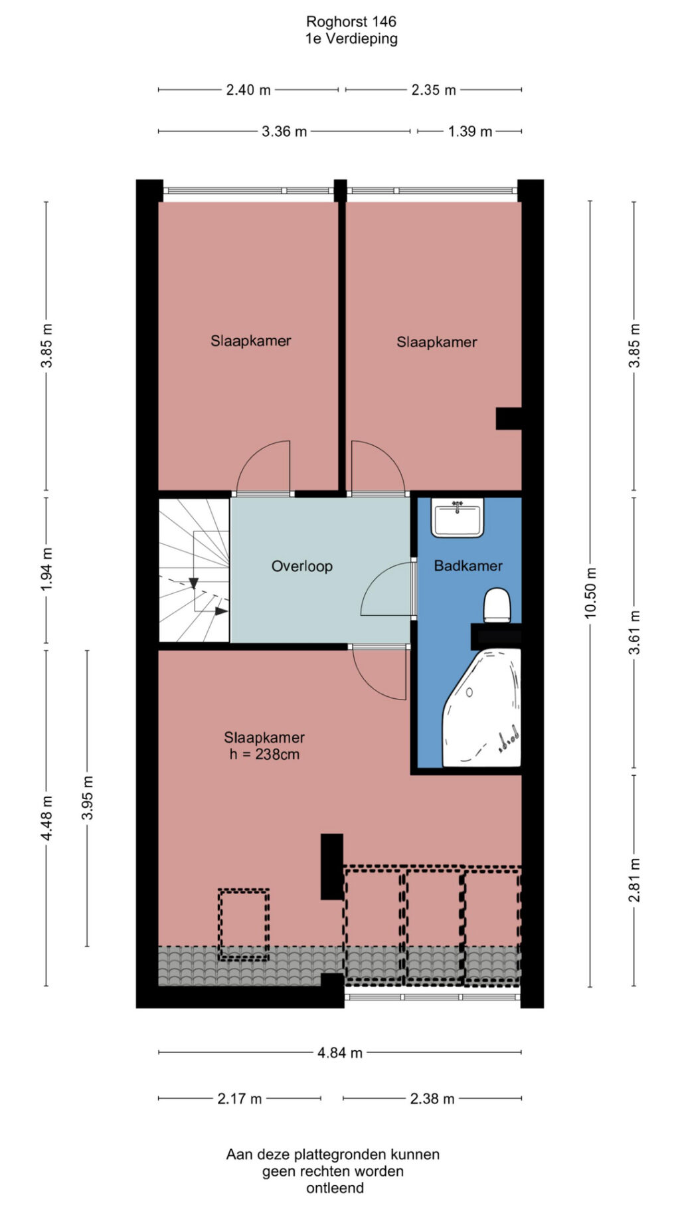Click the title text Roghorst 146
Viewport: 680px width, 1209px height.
pyautogui.click(x=351, y=22)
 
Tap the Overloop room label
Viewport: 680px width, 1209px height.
pyautogui.click(x=301, y=567)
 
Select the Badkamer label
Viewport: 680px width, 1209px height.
pyautogui.click(x=468, y=566)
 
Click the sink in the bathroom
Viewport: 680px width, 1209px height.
pyautogui.click(x=457, y=517)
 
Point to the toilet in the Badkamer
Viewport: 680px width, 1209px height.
pyautogui.click(x=497, y=605)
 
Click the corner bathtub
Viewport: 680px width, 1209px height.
pyautogui.click(x=482, y=708)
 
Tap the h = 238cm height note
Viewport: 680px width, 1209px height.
pyautogui.click(x=264, y=755)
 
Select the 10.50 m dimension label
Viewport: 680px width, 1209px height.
pyautogui.click(x=590, y=593)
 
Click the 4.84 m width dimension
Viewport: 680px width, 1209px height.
pyautogui.click(x=340, y=1053)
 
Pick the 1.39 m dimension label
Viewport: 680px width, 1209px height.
pyautogui.click(x=470, y=132)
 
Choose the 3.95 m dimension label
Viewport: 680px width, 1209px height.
pyautogui.click(x=87, y=797)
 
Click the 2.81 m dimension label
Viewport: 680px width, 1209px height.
pyautogui.click(x=634, y=880)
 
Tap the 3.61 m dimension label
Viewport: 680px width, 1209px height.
pyautogui.click(x=634, y=633)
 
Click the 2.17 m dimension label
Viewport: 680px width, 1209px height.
pyautogui.click(x=240, y=1099)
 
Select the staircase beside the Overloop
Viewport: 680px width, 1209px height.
pyautogui.click(x=194, y=571)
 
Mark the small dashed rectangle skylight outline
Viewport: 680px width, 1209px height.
pyautogui.click(x=244, y=925)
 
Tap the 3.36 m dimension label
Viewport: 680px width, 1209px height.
pyautogui.click(x=284, y=132)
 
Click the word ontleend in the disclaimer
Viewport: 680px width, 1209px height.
pyautogui.click(x=335, y=1188)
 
